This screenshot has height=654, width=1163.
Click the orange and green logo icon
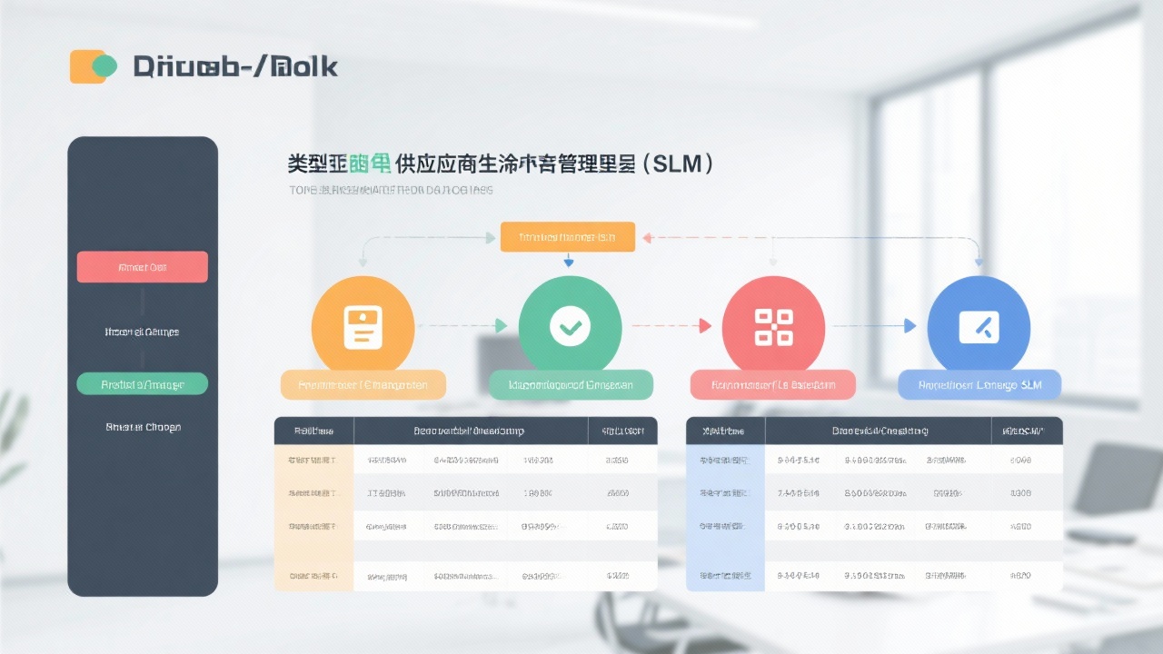94,66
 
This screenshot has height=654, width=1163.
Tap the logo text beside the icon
235,66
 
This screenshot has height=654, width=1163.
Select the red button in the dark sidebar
143,267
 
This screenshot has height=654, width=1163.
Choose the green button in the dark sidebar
143,384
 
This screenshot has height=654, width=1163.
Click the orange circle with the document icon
363,327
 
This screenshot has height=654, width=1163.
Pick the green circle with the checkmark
570,327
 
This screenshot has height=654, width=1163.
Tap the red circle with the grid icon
773,327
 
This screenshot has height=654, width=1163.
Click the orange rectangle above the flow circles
567,237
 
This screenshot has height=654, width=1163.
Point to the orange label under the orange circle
363,385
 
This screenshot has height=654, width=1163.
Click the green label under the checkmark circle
571,385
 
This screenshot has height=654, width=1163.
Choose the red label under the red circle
773,385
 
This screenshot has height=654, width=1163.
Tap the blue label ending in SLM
979,385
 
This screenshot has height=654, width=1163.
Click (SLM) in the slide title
677,164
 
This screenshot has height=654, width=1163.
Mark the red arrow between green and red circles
671,325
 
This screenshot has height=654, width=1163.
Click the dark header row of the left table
465,431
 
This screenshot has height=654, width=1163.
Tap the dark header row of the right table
874,431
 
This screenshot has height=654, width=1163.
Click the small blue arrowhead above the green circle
569,263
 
